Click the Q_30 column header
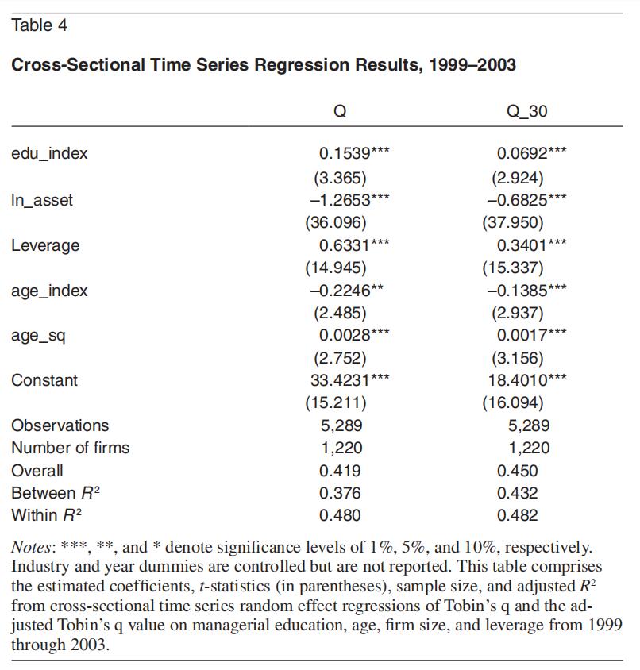[526, 111]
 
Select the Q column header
[340, 111]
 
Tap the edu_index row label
[49, 153]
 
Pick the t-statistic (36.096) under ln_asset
[336, 222]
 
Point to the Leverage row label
[45, 246]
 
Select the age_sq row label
[38, 337]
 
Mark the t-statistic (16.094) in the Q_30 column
[513, 403]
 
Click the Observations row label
[60, 425]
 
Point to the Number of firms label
[70, 448]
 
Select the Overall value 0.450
[517, 471]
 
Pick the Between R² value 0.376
[340, 493]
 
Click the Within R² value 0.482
[517, 515]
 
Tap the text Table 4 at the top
[40, 25]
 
